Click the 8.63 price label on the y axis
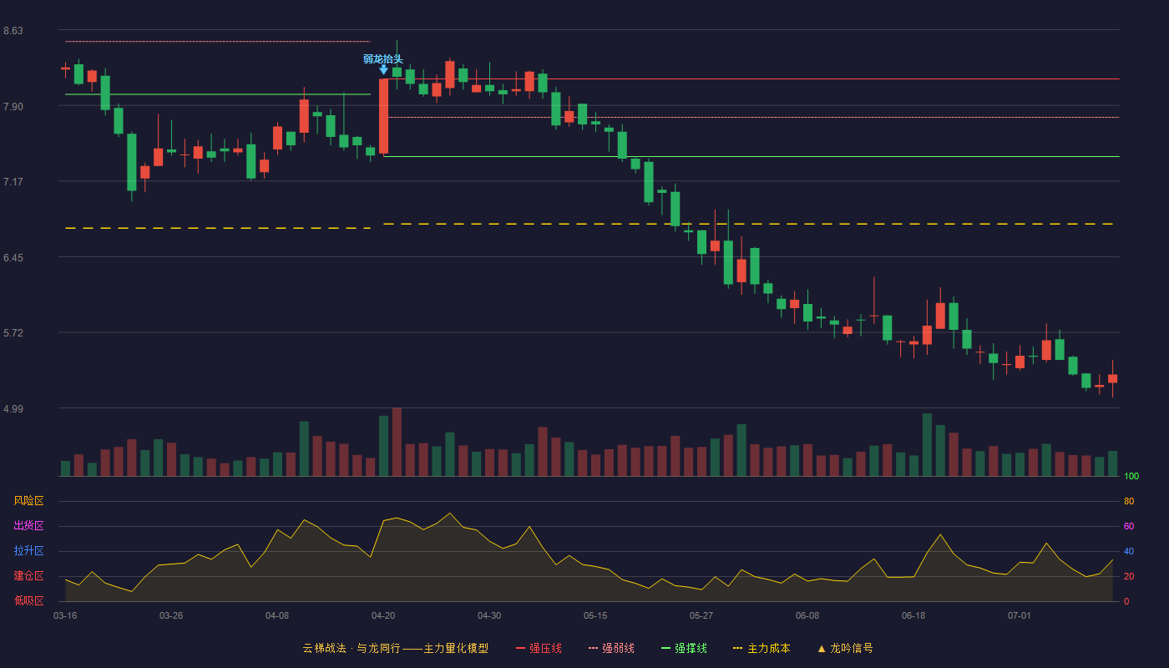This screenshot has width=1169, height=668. pos(13,31)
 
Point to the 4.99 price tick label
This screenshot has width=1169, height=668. pos(13,408)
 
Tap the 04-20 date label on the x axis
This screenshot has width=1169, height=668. pos(383,616)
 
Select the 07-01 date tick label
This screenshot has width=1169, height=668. pos(1020,616)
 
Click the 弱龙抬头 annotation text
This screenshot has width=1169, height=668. pos(383,59)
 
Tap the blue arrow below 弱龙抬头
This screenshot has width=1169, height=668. pos(383,70)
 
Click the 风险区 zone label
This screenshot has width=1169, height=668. pos(28,501)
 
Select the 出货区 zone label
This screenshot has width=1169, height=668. pos(28,525)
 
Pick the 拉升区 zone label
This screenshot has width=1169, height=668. pos(28,550)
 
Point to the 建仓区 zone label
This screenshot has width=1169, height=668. pos(28,575)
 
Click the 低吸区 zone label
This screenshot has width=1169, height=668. pos(28,600)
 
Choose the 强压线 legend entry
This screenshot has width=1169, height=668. pos(539,648)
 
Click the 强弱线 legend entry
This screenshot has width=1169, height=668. pos(611,648)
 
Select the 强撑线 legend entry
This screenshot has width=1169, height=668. pos(684,648)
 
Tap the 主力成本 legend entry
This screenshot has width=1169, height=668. pos(762,648)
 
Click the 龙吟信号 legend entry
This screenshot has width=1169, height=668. pos(845,648)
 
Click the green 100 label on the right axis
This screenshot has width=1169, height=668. pos(1131,476)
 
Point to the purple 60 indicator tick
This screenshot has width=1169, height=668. pos(1129,526)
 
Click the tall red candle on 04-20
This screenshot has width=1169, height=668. pos(383,116)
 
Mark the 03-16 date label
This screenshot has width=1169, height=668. pos(65,616)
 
